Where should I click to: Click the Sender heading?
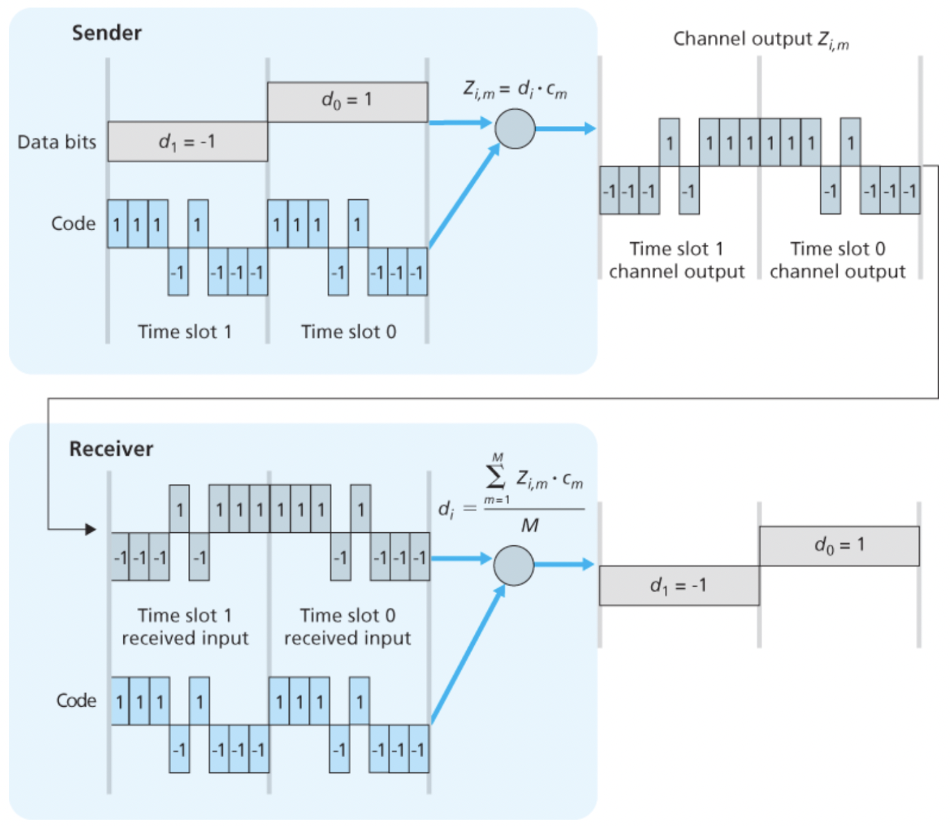(x=107, y=33)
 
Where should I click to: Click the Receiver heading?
(x=111, y=448)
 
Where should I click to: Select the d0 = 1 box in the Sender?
(x=348, y=102)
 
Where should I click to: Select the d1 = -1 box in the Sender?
(x=187, y=142)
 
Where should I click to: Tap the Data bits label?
(x=57, y=142)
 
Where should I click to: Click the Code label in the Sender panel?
(x=73, y=224)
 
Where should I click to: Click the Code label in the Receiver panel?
(x=76, y=701)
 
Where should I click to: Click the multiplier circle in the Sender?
(x=515, y=129)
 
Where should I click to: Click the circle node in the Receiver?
(x=513, y=565)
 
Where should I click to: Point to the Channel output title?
(x=761, y=40)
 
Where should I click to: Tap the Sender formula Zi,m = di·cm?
(x=515, y=89)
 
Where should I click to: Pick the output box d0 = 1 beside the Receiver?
(x=839, y=545)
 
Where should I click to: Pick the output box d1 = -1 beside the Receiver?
(x=679, y=585)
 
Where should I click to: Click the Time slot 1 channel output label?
(x=677, y=260)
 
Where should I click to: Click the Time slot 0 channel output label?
(x=838, y=260)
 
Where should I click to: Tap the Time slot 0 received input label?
(x=348, y=626)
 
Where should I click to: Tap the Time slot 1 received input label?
(x=185, y=626)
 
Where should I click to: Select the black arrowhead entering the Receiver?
(x=91, y=529)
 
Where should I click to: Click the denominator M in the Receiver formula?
(x=530, y=525)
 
